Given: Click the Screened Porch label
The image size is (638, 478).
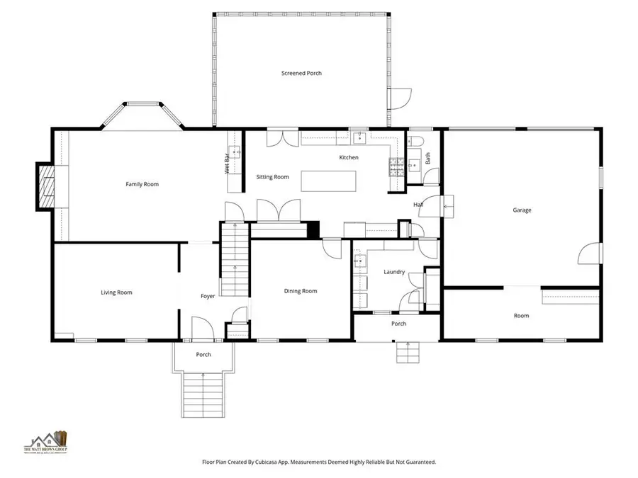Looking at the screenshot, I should click(x=301, y=73).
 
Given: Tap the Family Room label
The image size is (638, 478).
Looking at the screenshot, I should click(x=142, y=184).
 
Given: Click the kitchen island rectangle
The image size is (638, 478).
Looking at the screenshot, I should click(x=325, y=181).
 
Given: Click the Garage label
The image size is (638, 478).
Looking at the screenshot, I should click(x=522, y=210).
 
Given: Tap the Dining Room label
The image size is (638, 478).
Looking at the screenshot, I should click(x=301, y=291).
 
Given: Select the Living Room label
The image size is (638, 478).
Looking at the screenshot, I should click(x=116, y=292).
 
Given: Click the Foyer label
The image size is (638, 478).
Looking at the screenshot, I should click(x=207, y=296).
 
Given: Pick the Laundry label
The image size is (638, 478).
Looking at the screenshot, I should click(x=394, y=272).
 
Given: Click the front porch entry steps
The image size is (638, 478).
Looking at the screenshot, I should click(x=203, y=395).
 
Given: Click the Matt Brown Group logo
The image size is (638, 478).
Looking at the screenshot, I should click(x=47, y=443).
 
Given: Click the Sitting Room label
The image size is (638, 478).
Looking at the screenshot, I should click(x=272, y=177).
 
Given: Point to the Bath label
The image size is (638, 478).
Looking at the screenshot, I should click(x=427, y=159).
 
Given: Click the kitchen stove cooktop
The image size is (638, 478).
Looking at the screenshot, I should click(x=394, y=167).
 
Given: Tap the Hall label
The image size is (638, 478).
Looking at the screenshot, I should click(x=418, y=205).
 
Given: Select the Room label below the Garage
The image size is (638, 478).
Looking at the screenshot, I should click(x=521, y=316).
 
